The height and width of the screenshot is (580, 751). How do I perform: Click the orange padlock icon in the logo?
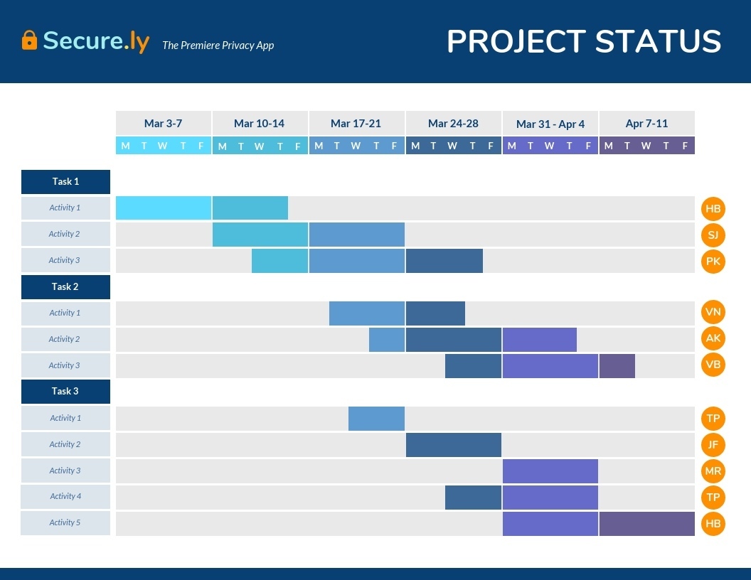[x=29, y=40]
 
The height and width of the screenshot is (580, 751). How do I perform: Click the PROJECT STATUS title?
[x=584, y=41]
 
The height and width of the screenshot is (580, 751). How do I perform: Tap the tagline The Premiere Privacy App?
[x=218, y=45]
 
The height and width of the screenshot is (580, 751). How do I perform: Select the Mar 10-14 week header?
[x=259, y=124]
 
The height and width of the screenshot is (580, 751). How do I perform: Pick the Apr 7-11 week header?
[x=646, y=124]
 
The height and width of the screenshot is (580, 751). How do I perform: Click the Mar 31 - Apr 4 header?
[x=550, y=124]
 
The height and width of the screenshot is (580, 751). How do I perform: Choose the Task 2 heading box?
[x=65, y=287]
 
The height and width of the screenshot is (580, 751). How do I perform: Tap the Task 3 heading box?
[x=65, y=392]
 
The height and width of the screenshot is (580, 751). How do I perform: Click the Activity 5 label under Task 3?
[x=65, y=522]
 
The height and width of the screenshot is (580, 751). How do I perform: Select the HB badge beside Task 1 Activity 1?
[x=713, y=209]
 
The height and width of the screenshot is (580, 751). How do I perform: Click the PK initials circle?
[x=713, y=261]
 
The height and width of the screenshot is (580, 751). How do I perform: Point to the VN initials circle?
[x=713, y=311]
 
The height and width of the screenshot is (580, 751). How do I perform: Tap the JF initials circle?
[x=713, y=445]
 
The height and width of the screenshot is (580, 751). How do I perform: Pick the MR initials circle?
[x=713, y=471]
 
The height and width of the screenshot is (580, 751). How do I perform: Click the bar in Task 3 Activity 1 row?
[x=376, y=419]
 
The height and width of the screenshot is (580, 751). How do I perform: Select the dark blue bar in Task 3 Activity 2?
[x=453, y=445]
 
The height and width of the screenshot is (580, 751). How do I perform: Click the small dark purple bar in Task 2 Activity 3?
[x=617, y=366]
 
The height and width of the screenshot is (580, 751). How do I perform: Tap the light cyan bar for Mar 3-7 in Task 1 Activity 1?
[x=164, y=208]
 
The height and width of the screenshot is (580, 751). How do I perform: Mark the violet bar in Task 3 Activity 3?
[x=550, y=471]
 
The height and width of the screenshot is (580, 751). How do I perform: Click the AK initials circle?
[x=713, y=338]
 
